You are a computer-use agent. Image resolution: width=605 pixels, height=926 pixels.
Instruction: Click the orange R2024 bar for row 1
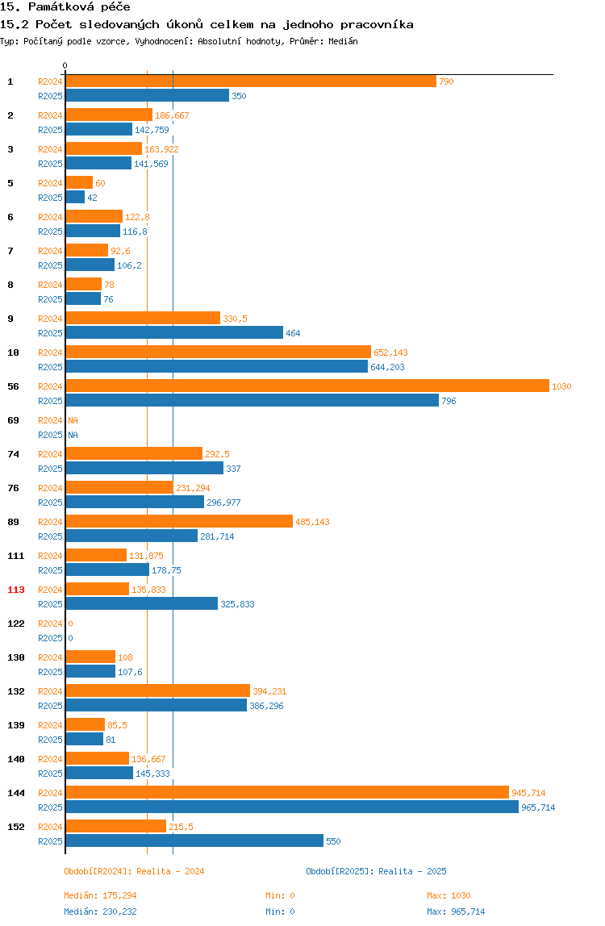[x=251, y=81]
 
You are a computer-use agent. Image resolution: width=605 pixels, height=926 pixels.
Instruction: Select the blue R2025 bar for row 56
[x=252, y=400]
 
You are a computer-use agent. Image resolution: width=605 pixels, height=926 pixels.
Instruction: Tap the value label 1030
[x=561, y=386]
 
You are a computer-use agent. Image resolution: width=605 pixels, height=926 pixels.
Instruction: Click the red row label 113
[x=16, y=590]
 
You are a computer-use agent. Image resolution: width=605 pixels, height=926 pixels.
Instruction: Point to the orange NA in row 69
[x=73, y=420]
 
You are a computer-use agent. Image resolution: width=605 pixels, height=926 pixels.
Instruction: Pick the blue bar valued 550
[x=195, y=841]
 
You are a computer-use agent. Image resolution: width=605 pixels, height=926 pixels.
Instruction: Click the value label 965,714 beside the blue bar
[x=538, y=807]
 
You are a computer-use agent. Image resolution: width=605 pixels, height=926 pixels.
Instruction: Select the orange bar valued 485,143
[x=180, y=521]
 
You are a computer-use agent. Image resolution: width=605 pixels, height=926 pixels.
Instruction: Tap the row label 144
[x=16, y=793]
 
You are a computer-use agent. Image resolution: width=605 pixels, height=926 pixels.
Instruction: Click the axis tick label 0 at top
[x=65, y=65]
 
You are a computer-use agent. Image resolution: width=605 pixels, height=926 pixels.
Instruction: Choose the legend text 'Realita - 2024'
[x=170, y=871]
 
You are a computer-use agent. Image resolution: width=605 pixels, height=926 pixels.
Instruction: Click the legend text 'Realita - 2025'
[x=412, y=871]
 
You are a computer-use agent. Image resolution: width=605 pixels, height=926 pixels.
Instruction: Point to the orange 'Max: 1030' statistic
[x=449, y=895]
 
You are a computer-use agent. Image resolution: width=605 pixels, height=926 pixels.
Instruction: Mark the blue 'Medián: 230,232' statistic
[x=101, y=911]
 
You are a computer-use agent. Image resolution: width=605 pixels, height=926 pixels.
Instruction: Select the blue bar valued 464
[x=175, y=332]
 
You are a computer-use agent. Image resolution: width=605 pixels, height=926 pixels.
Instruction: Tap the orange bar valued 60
[x=79, y=182]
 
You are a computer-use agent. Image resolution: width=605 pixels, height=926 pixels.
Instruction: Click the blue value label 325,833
[x=237, y=604]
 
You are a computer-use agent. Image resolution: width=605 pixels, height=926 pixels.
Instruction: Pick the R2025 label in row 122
[x=50, y=638]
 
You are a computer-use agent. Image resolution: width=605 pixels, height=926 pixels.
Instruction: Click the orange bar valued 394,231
[x=158, y=690]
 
